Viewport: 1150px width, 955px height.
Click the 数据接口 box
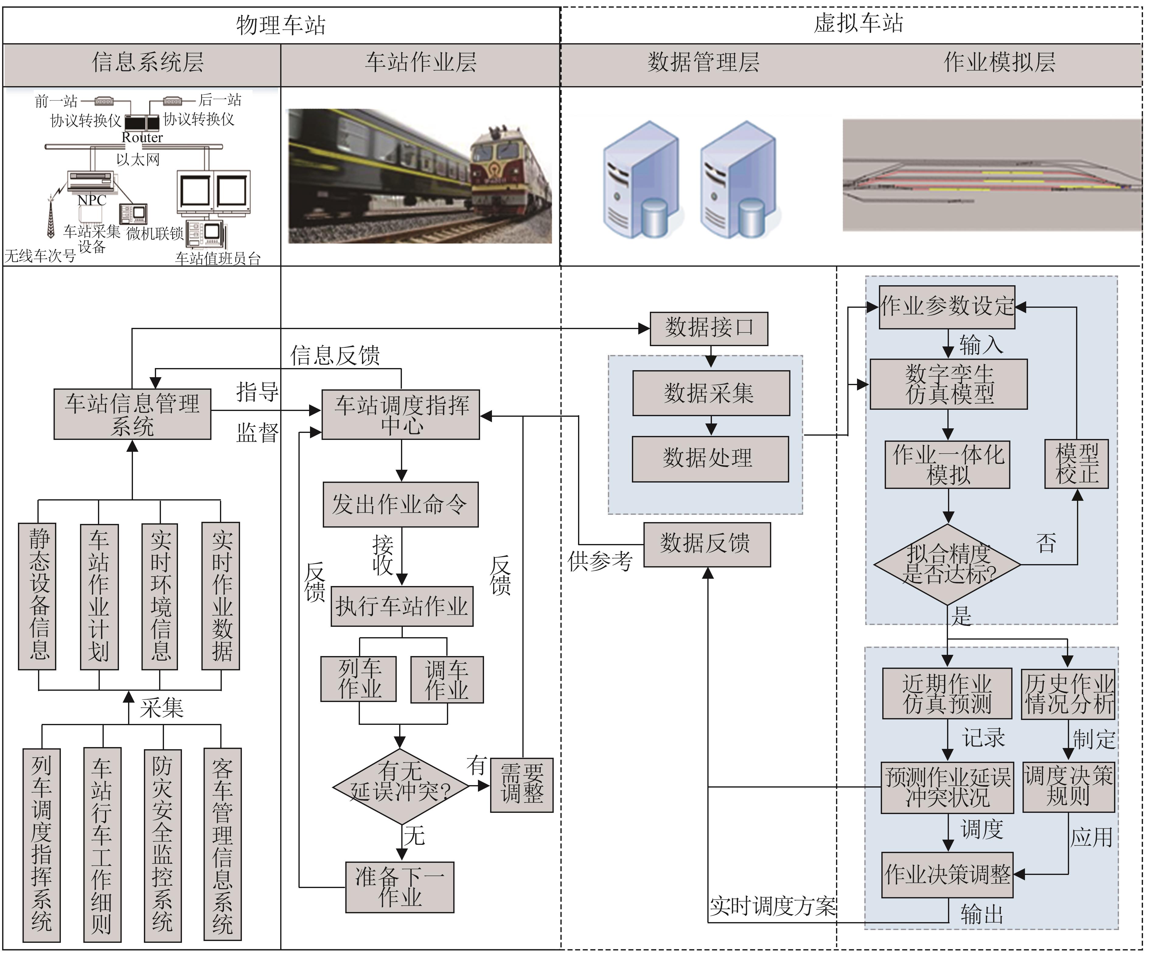click(x=709, y=328)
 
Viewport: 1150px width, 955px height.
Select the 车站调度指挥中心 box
click(x=401, y=414)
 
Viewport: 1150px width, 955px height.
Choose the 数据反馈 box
click(x=706, y=544)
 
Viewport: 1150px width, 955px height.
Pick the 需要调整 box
click(x=521, y=785)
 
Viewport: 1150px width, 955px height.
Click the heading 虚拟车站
click(x=858, y=23)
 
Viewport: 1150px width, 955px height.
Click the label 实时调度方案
click(x=772, y=906)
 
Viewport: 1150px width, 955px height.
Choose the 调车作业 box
click(x=447, y=679)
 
